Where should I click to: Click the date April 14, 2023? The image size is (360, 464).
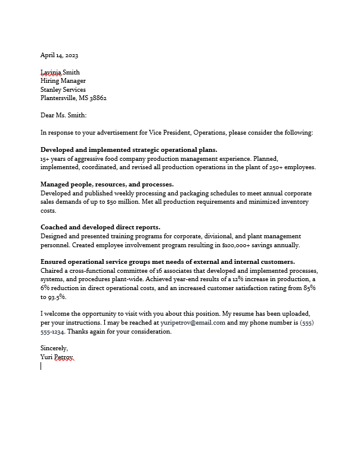(59, 55)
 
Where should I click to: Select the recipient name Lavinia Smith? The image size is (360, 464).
(60, 73)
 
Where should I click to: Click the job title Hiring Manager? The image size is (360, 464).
(63, 81)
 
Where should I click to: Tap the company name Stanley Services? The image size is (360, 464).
(63, 89)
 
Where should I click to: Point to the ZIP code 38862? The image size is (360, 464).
(97, 98)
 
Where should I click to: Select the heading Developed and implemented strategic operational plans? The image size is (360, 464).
(129, 150)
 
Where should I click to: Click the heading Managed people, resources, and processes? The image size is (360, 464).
(107, 185)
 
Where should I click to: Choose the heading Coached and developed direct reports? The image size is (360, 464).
(100, 228)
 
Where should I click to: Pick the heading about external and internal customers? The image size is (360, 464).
(167, 262)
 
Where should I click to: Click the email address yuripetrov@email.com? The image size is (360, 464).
(193, 323)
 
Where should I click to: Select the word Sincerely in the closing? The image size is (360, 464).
(54, 348)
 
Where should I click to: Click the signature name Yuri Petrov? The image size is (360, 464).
(57, 357)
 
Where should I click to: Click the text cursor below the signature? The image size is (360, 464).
(41, 366)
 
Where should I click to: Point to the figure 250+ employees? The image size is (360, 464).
(292, 167)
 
